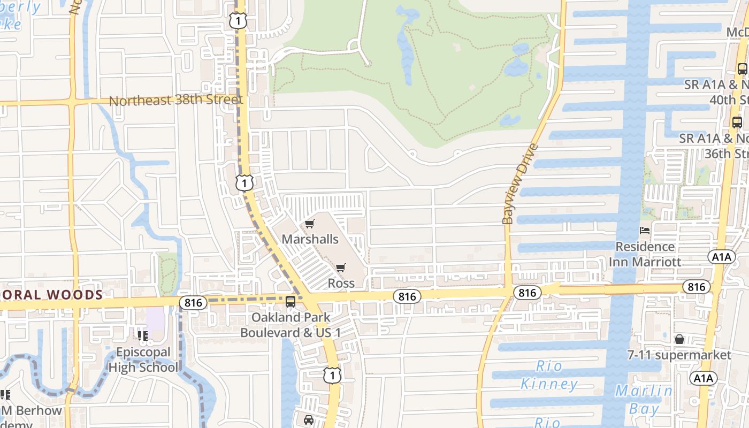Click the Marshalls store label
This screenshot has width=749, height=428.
(310, 239)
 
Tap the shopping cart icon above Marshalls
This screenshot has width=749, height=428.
(310, 224)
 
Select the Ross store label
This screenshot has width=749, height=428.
(341, 283)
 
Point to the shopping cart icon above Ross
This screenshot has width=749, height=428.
(341, 267)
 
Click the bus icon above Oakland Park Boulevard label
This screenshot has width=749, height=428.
(291, 302)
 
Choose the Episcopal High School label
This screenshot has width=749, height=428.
(144, 360)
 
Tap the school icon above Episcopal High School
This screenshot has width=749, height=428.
(142, 336)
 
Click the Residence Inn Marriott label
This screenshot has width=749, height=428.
(645, 254)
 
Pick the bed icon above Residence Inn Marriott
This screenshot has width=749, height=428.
(645, 231)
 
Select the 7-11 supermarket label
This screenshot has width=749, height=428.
(679, 355)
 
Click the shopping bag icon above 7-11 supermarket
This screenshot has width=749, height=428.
(679, 339)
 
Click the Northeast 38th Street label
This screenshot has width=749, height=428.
(175, 100)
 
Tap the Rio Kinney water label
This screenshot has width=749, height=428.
(549, 375)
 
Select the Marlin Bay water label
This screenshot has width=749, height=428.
(644, 400)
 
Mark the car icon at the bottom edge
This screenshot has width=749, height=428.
(309, 420)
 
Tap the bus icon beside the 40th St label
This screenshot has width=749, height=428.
(742, 69)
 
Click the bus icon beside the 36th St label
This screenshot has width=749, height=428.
(737, 123)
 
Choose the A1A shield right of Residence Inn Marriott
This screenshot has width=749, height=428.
(721, 257)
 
